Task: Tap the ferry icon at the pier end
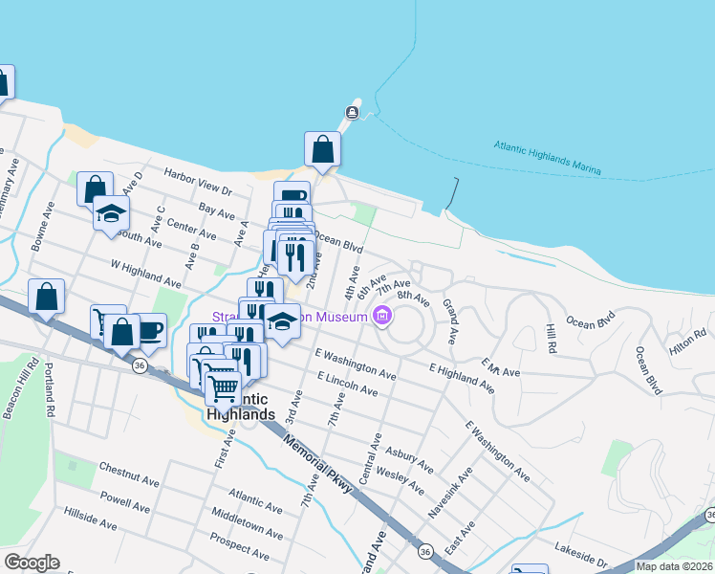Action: [x=352, y=114]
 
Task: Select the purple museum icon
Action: [x=382, y=315]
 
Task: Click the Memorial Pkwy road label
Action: [x=318, y=468]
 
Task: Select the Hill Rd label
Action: [x=551, y=338]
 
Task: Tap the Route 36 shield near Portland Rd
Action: [x=141, y=365]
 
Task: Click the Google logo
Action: [x=32, y=563]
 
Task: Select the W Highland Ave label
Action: [x=145, y=275]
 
